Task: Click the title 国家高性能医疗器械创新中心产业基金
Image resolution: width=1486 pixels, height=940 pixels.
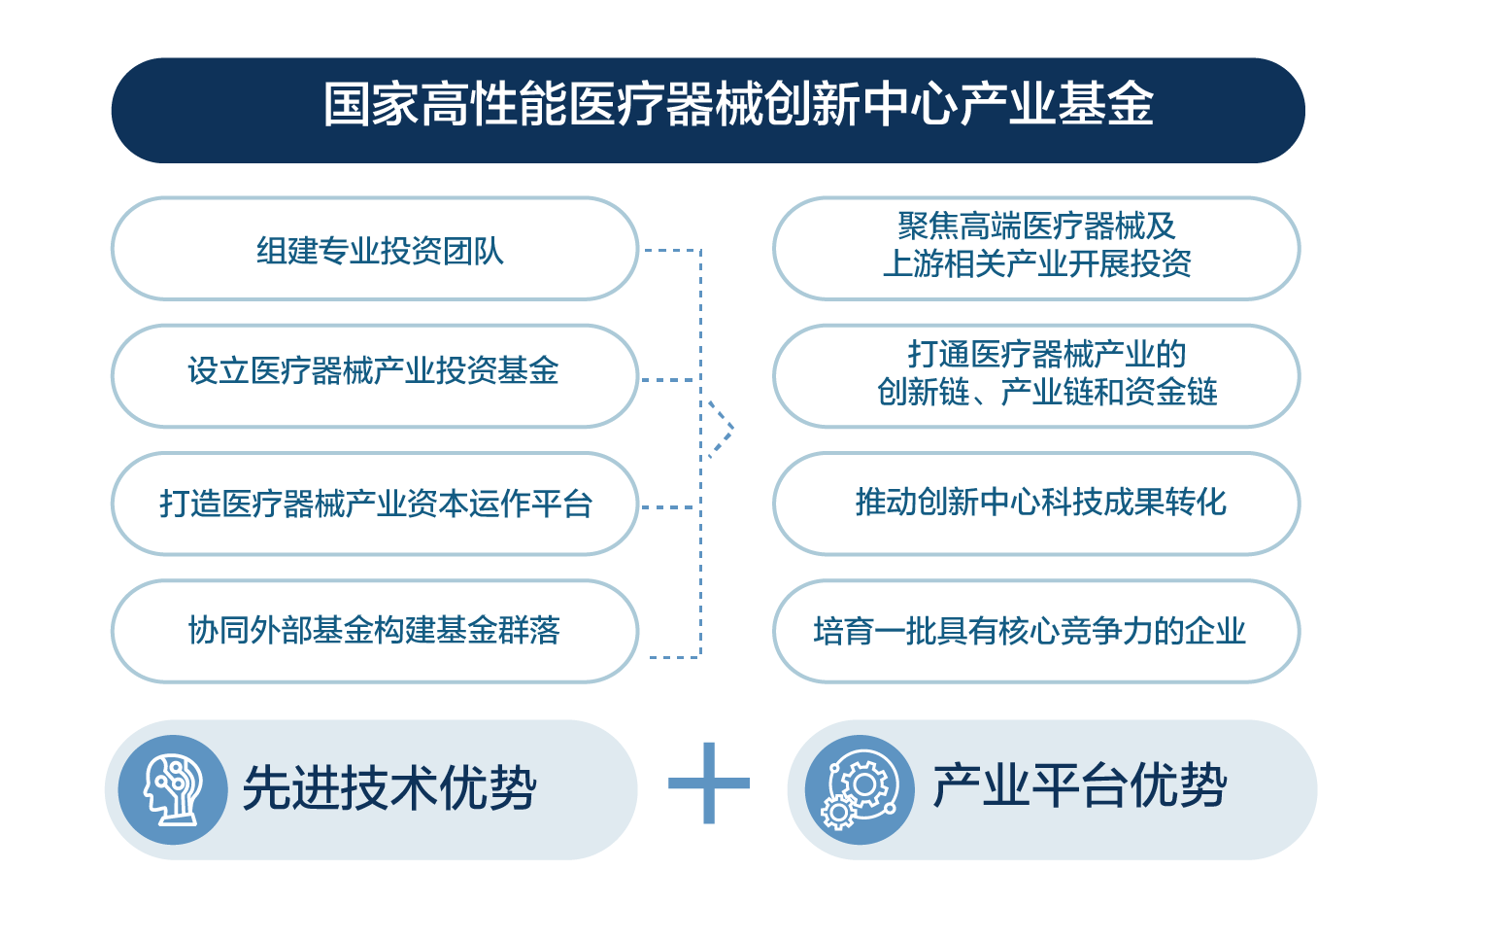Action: (738, 104)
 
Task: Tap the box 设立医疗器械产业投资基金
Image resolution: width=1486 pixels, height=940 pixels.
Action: (375, 376)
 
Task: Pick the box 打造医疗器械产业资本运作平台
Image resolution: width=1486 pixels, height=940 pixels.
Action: (375, 504)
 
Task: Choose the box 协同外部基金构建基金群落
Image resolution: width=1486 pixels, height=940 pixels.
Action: (375, 631)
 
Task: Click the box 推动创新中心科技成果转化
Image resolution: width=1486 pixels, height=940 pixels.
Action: (1036, 504)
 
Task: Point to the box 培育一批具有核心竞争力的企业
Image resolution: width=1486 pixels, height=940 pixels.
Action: (1036, 631)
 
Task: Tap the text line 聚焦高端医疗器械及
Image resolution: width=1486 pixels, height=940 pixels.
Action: (1036, 226)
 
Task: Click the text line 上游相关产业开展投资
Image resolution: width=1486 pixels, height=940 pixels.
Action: (1037, 263)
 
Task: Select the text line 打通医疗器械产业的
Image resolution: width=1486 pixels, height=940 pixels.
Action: (1046, 354)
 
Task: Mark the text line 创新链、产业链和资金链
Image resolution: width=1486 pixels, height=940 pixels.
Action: (1047, 392)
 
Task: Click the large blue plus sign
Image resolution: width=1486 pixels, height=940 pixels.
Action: (708, 783)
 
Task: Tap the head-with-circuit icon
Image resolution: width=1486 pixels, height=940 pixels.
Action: (173, 790)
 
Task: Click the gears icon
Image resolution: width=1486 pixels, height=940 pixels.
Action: (860, 790)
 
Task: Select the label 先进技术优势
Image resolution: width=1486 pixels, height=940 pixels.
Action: (389, 788)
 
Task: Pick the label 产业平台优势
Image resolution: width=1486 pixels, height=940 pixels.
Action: (1080, 785)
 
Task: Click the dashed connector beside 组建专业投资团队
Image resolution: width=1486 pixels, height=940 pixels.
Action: (672, 250)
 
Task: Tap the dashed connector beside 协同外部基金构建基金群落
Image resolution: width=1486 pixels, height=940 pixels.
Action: (675, 657)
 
